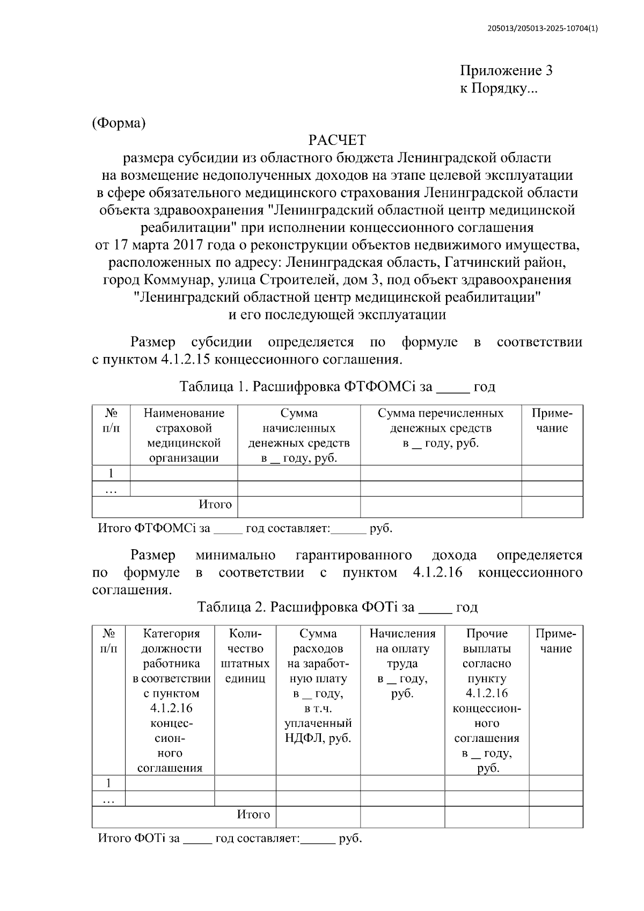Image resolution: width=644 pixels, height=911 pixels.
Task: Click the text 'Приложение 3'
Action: (x=506, y=71)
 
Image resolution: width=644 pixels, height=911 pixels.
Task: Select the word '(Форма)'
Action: (x=119, y=123)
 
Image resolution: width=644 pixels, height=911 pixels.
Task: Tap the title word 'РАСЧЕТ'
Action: (x=337, y=141)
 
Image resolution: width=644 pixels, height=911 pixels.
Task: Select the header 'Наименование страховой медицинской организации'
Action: (x=184, y=435)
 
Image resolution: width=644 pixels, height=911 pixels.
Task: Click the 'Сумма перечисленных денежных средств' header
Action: (x=441, y=428)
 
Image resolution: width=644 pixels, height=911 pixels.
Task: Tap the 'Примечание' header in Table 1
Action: (x=552, y=420)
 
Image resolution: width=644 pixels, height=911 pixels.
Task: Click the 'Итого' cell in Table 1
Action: (x=215, y=505)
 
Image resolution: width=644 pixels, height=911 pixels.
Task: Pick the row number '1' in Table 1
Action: (x=111, y=473)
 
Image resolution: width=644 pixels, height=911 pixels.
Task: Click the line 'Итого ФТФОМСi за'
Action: (x=154, y=528)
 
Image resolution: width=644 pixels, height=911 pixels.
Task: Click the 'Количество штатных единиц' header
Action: (x=245, y=656)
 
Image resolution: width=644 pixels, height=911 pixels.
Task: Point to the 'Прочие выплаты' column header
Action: (x=486, y=641)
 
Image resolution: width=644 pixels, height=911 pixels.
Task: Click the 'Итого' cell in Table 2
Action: (x=253, y=815)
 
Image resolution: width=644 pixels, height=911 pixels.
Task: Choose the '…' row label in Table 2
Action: (x=108, y=799)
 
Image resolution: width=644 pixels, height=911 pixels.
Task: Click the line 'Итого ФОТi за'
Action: (x=139, y=839)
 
